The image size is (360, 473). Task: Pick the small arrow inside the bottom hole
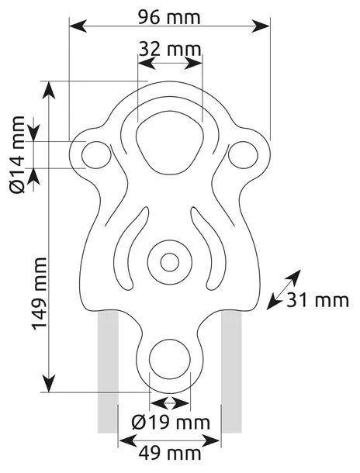tap(169, 402)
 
